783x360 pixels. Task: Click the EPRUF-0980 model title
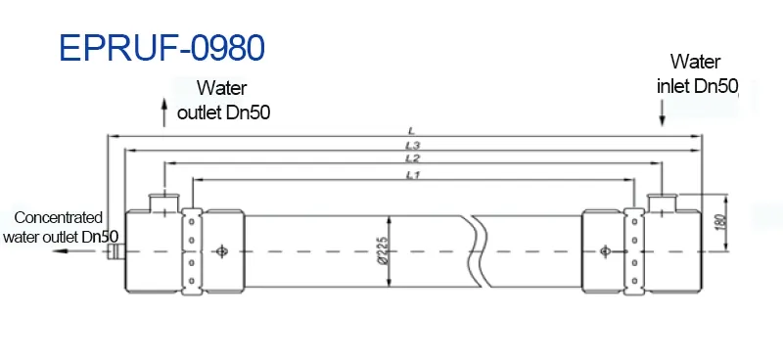(161, 46)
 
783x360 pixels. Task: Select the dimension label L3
(412, 145)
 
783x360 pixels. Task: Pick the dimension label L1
(412, 174)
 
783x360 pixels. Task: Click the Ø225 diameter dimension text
(384, 252)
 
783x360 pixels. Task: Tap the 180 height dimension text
(721, 221)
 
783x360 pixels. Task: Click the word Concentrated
(59, 218)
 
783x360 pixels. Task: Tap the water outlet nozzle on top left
(163, 202)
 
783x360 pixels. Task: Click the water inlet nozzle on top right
(663, 202)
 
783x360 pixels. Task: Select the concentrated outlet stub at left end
(115, 251)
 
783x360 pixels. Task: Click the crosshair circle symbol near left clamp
(223, 251)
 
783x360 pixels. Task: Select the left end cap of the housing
(153, 251)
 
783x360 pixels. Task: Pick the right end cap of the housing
(675, 251)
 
